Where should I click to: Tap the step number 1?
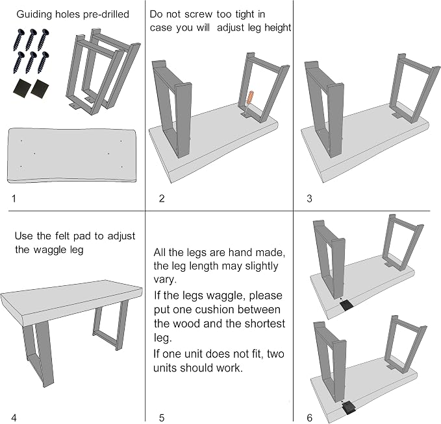14,198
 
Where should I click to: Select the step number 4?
14,418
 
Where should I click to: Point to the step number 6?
309,418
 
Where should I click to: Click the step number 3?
309,198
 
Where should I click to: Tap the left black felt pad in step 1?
21,88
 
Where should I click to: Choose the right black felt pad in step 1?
40,89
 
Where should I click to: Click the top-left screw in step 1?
19,40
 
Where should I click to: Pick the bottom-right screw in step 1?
44,62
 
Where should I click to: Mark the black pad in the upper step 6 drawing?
347,305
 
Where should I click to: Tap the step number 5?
162,418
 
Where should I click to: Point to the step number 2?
162,198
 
